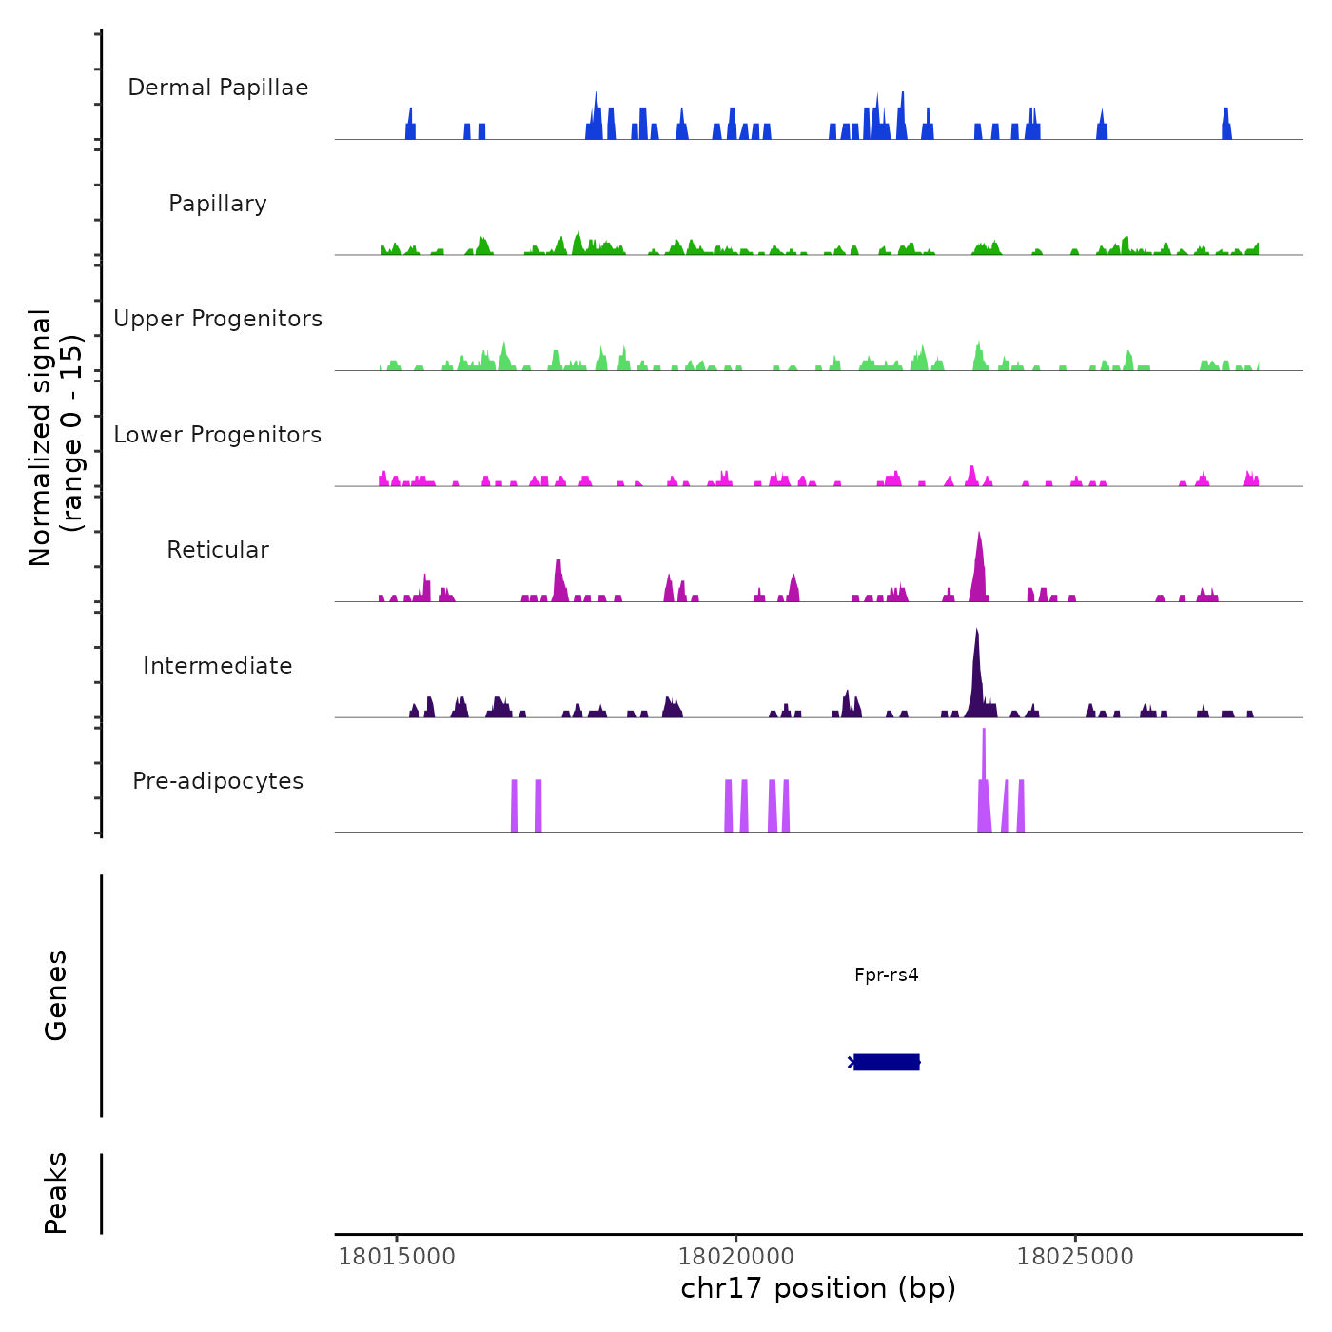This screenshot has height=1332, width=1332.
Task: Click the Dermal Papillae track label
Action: [x=218, y=88]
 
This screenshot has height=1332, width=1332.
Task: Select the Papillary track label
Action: [x=218, y=204]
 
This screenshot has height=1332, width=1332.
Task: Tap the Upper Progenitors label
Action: [x=218, y=319]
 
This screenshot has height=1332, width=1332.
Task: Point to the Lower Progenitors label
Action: [x=218, y=435]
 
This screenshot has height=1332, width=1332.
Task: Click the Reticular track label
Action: [x=218, y=550]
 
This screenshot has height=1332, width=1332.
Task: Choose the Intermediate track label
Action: [x=218, y=666]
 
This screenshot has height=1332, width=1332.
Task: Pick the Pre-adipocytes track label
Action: [x=218, y=781]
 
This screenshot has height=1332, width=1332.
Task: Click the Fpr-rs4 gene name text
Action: [x=886, y=974]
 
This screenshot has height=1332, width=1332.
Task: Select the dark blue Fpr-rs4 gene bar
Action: [x=886, y=1062]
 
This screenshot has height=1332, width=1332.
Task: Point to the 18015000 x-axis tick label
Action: [x=397, y=1256]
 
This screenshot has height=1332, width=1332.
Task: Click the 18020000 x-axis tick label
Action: [x=735, y=1256]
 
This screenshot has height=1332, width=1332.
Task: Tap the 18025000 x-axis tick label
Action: [x=1075, y=1256]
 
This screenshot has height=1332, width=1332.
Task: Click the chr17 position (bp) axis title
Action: [x=818, y=1288]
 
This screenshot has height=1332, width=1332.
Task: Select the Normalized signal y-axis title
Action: [x=55, y=438]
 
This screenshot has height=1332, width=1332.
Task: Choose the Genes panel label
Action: [x=56, y=995]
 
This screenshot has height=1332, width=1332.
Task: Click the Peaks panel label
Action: [x=56, y=1193]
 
